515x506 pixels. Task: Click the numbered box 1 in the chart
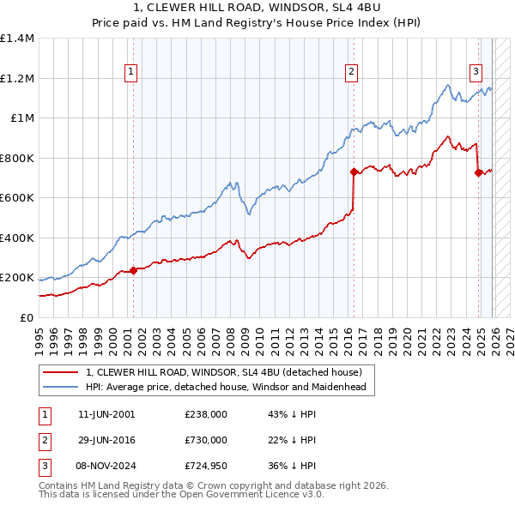click(131, 73)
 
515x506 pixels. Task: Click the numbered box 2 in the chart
click(352, 73)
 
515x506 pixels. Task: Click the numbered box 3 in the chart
click(476, 73)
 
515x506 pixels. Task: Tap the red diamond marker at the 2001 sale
click(133, 271)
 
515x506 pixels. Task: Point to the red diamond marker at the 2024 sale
click(478, 173)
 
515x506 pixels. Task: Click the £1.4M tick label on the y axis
click(17, 39)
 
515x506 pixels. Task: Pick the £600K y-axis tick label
click(17, 198)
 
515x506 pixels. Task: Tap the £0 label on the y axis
click(27, 318)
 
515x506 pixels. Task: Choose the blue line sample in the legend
click(60, 387)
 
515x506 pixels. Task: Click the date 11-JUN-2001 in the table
click(106, 414)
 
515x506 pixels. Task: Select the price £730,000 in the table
click(205, 440)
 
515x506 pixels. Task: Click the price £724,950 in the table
click(205, 466)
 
